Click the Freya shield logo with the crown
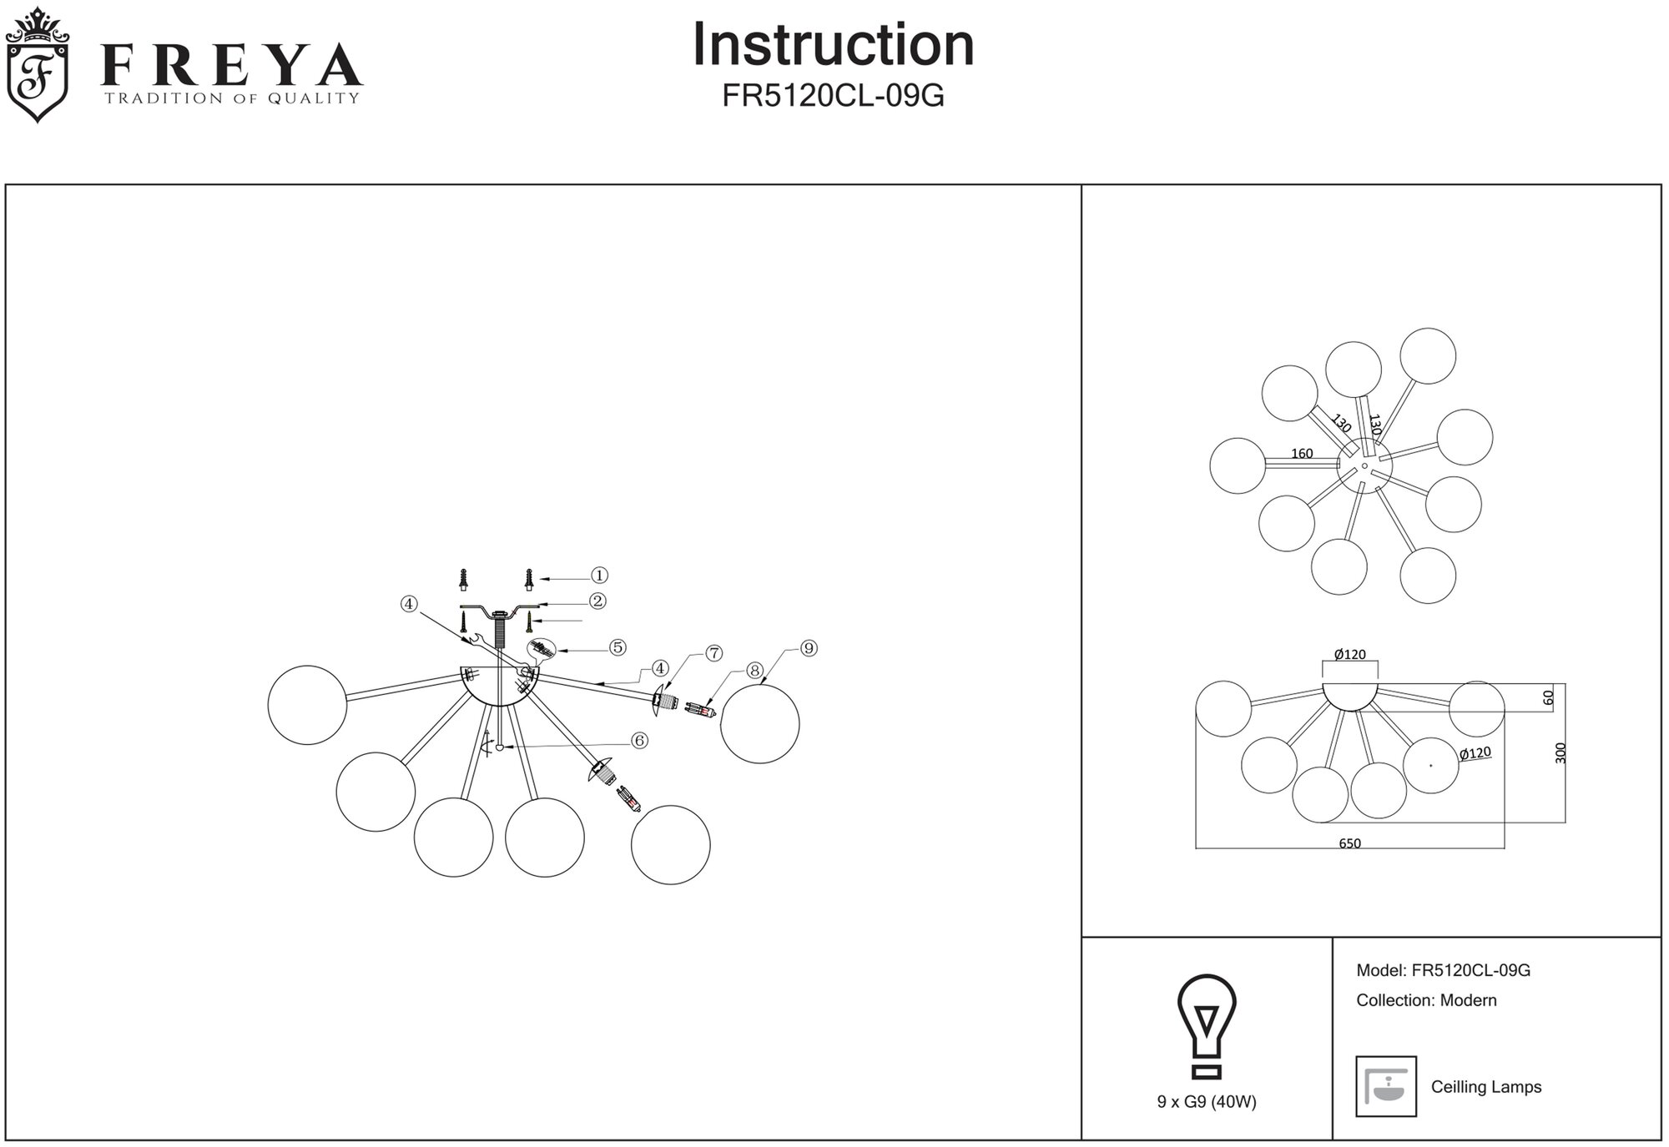38,65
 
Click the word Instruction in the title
833,45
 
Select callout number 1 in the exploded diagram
599,576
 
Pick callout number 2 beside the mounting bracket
597,601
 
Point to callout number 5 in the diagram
618,647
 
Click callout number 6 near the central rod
639,741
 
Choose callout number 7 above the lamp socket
714,654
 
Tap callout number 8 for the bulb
754,671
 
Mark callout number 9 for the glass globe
808,648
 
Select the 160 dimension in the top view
1302,454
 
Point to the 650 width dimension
1349,843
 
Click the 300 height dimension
1561,753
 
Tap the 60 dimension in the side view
1549,698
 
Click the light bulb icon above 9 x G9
1207,1027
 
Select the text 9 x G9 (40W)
1207,1102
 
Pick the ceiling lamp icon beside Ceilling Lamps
1386,1086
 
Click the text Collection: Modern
1426,1000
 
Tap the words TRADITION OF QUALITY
231,98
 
